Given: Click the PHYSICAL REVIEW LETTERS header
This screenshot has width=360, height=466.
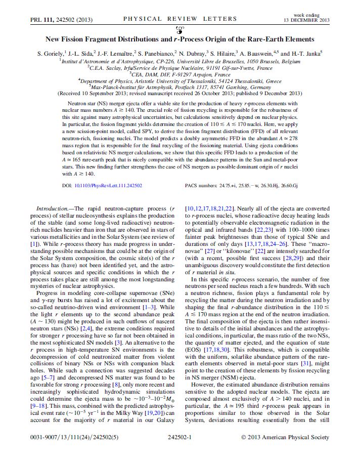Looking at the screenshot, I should point(179,19).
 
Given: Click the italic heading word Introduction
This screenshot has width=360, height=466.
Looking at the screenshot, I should point(53,208).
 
